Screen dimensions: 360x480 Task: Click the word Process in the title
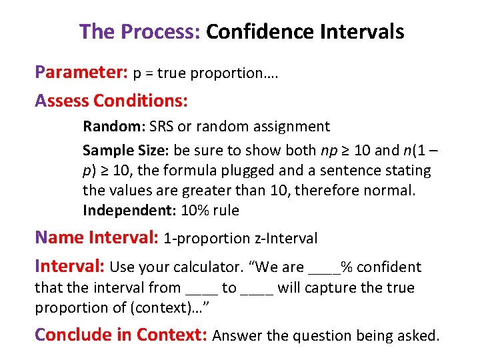tap(161, 31)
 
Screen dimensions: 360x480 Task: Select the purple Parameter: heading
tap(81, 72)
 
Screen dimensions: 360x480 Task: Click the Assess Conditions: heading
tap(111, 101)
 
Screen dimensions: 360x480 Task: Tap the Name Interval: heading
tap(97, 237)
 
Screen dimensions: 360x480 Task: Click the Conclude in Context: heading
tap(121, 335)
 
